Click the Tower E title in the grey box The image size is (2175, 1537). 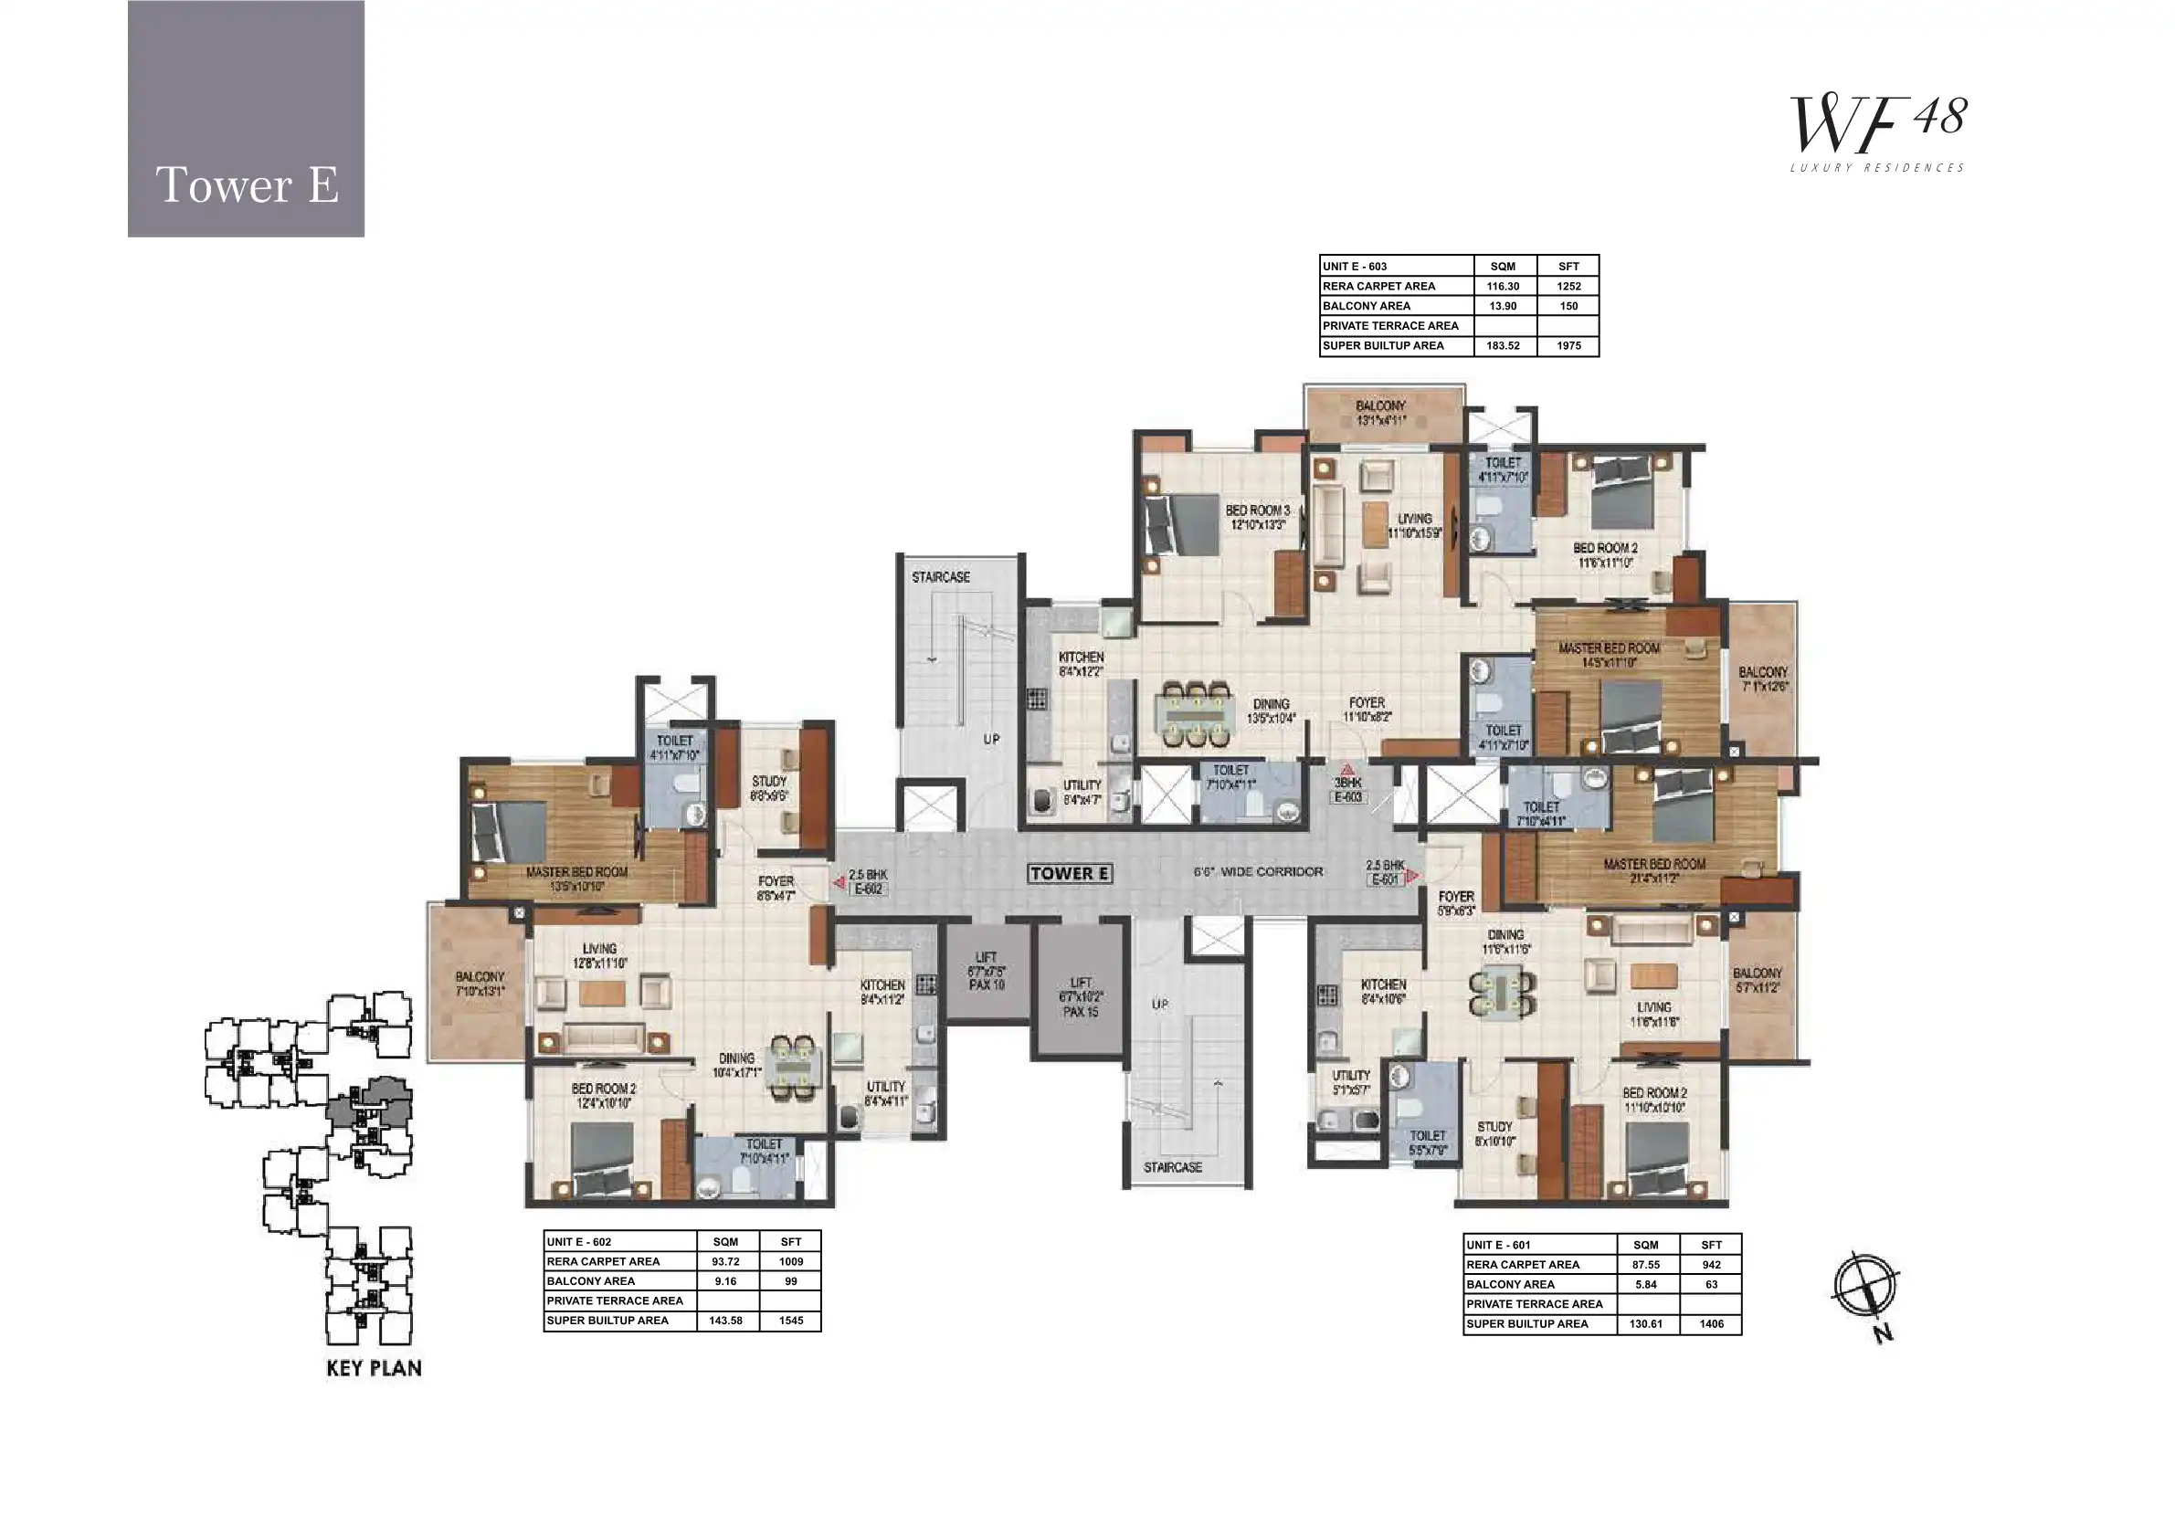pyautogui.click(x=247, y=184)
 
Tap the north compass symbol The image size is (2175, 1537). pyautogui.click(x=1864, y=1287)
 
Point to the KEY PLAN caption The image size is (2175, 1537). pyautogui.click(x=375, y=1367)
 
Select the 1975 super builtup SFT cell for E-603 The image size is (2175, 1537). pyautogui.click(x=1568, y=345)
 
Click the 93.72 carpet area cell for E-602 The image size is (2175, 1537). pyautogui.click(x=724, y=1261)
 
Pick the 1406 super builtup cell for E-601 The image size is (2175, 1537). pyautogui.click(x=1711, y=1324)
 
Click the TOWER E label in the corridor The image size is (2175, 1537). pyautogui.click(x=1070, y=873)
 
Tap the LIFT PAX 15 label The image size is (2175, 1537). pyautogui.click(x=1081, y=997)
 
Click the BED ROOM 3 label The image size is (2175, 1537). pyautogui.click(x=1257, y=517)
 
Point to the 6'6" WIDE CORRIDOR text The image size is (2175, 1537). pyautogui.click(x=1258, y=871)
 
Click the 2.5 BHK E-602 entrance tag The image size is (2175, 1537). pyautogui.click(x=868, y=881)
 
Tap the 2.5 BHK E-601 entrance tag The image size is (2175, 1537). pyautogui.click(x=1385, y=872)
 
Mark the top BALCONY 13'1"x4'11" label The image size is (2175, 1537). pyautogui.click(x=1380, y=412)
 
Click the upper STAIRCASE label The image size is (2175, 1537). pyautogui.click(x=941, y=577)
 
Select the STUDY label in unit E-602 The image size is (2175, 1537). pyautogui.click(x=768, y=788)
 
